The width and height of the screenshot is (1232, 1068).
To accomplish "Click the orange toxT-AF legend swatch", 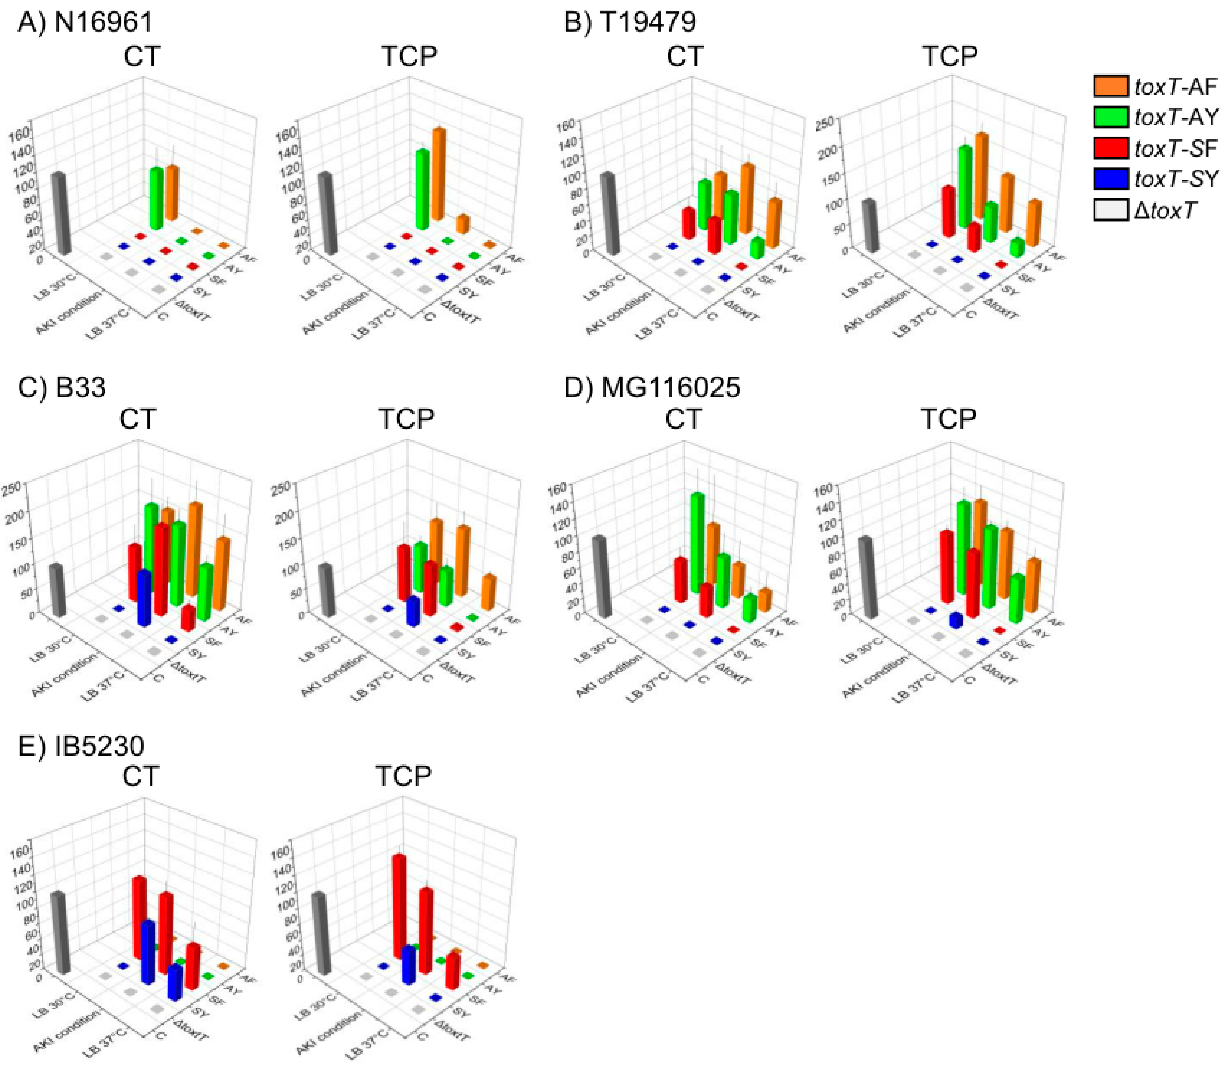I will point(1111,86).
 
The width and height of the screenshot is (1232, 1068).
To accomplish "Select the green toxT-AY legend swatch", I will point(1111,117).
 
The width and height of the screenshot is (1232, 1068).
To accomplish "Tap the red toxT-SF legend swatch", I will point(1111,148).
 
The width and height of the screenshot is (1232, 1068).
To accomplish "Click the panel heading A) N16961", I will point(85,23).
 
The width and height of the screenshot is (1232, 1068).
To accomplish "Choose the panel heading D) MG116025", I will point(652,387).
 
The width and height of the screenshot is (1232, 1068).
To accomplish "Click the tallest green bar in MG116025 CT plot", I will point(698,542).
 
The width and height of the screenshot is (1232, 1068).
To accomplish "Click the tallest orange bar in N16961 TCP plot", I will point(439,174).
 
